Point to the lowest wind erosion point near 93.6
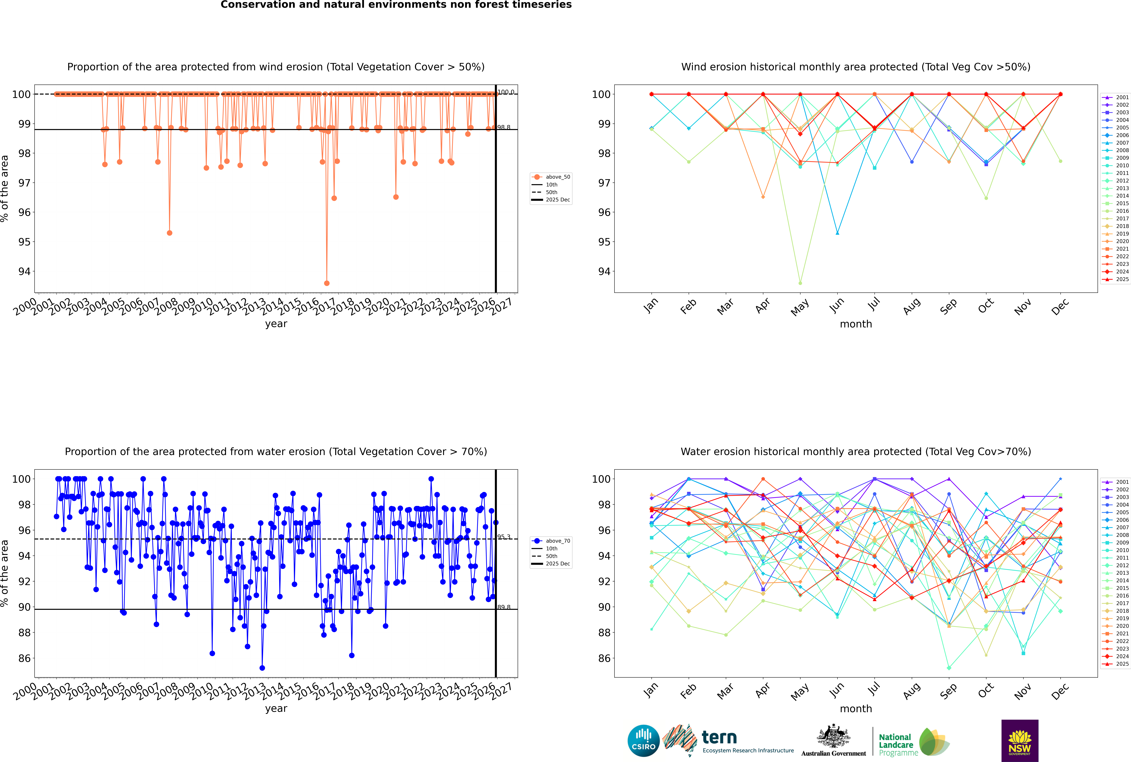point(327,283)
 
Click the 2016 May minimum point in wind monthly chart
point(800,283)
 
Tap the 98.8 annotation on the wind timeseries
point(504,127)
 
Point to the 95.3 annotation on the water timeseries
point(504,537)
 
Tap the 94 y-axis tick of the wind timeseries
point(24,271)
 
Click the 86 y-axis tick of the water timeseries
point(24,659)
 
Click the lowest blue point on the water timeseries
point(262,668)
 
